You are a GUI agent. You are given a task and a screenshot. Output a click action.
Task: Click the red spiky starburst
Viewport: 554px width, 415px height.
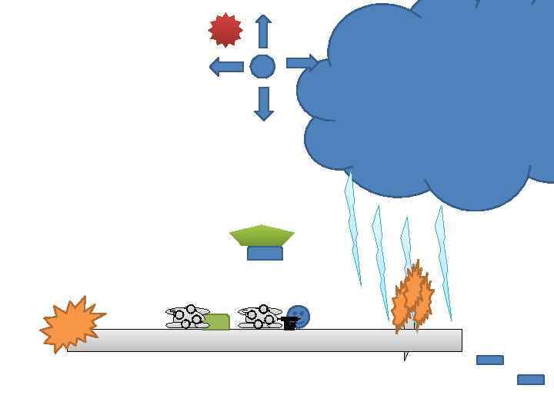coord(225,30)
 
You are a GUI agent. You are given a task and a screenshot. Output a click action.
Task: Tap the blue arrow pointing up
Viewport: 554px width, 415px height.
coord(263,32)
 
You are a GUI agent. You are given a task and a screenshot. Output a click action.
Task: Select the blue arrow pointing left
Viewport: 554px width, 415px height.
coord(226,67)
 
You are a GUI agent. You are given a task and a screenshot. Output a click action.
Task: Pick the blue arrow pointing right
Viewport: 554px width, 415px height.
coord(302,63)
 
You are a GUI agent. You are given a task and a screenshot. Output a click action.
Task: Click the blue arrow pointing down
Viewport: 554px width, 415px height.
coord(263,103)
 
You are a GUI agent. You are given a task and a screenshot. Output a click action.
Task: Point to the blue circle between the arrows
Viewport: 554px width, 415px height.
coord(262,67)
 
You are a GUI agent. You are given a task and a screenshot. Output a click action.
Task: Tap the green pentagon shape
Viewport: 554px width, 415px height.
coord(262,234)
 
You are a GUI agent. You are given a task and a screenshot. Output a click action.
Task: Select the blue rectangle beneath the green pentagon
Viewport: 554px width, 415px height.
coord(265,254)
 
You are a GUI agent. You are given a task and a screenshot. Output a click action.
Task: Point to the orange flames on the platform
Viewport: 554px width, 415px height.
coord(412,298)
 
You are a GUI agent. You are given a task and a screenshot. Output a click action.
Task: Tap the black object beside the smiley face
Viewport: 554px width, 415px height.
coord(289,323)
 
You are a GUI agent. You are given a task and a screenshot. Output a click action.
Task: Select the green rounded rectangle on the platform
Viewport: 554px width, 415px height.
coord(219,322)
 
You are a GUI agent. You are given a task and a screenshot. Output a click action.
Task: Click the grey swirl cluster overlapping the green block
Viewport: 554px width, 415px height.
coord(187,317)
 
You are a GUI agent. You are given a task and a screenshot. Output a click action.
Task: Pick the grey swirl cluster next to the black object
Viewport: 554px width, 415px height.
coord(259,317)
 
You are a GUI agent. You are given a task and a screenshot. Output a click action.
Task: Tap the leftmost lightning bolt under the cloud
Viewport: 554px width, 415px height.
coord(353,231)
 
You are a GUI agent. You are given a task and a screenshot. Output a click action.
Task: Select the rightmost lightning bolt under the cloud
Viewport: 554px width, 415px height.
coord(442,261)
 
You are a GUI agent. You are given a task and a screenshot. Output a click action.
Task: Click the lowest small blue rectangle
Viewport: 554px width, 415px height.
coord(531,380)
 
